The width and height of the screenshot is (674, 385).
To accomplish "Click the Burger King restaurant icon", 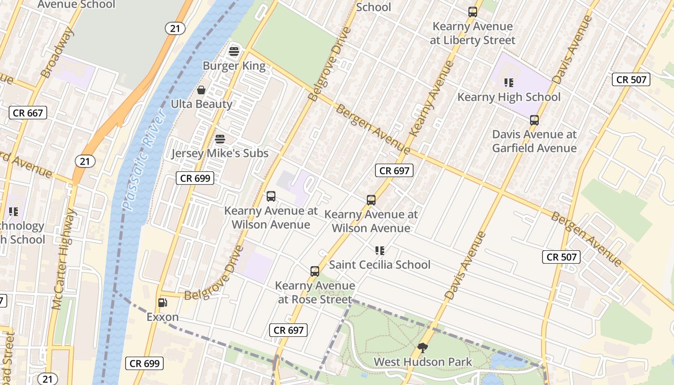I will point(234,51).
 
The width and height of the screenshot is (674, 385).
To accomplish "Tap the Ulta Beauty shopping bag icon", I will point(201,90).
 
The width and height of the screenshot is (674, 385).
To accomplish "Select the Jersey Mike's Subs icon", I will point(220,139).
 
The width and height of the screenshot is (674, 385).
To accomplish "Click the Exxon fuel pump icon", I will point(163,303).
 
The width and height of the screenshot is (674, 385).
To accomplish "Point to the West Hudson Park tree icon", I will point(423,347).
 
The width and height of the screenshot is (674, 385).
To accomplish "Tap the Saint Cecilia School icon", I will point(379,251).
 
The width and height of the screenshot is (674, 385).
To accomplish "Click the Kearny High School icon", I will point(509,83).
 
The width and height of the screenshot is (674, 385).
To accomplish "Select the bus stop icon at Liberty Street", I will point(473,12).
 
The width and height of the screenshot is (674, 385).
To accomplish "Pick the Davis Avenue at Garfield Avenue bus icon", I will point(534,120).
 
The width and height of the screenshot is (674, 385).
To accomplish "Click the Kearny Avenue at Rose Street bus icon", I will point(315,271).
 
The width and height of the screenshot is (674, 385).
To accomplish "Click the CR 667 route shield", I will point(28,113).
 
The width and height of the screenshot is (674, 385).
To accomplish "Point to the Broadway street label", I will point(57,53).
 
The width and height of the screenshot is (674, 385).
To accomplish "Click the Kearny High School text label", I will point(509,97).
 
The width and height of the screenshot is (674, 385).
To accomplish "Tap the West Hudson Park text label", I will point(423,362).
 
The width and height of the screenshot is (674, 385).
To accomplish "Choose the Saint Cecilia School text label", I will point(379,265).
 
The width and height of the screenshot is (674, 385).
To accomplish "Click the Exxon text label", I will point(163,317).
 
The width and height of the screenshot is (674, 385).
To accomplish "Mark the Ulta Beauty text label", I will point(201,104).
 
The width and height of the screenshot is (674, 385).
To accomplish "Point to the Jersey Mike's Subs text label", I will point(220,154).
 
